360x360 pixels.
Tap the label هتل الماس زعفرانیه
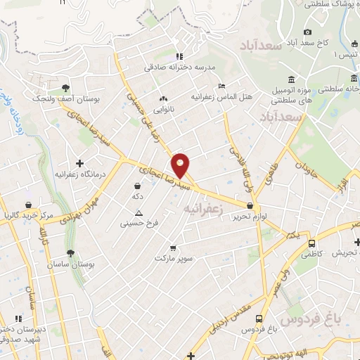click(221, 94)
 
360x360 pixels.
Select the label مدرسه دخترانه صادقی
click(179, 67)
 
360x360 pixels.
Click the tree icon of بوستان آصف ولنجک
click(65, 88)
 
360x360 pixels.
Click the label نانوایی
click(165, 110)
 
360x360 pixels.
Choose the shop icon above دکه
click(136, 186)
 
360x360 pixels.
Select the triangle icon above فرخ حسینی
click(139, 213)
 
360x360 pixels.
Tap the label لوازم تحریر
click(251, 217)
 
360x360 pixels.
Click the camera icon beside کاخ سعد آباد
click(307, 32)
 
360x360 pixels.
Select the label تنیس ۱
click(345, 55)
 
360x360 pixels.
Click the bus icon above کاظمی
click(311, 243)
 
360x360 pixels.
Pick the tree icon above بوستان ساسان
click(69, 253)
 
